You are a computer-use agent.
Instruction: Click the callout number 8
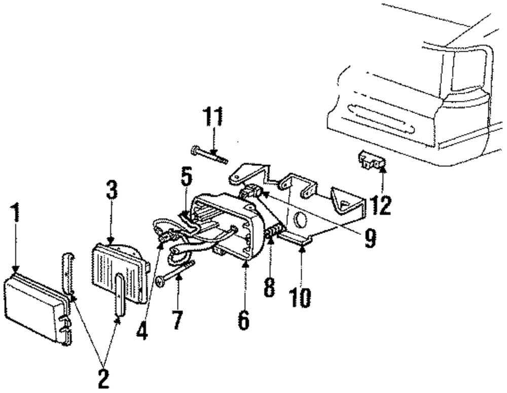point(269,287)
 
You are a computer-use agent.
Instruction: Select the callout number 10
point(301,297)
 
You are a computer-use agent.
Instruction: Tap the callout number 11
point(213,118)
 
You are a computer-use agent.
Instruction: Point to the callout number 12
point(381,204)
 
